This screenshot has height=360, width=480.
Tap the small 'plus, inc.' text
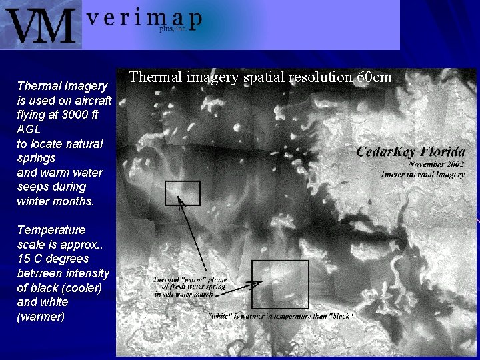coord(171,29)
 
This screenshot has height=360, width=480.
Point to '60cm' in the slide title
coord(374,77)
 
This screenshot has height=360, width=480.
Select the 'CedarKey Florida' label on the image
coord(411,151)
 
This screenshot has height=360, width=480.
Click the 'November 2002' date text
coord(437,164)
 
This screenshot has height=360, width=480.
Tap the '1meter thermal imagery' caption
coord(423,174)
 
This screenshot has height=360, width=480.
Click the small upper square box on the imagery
coord(183,193)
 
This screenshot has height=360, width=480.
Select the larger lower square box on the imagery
coord(280,284)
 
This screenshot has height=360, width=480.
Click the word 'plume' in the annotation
coord(221,279)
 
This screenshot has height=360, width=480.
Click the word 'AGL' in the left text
coord(29,129)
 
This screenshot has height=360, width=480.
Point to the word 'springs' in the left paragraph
coord(36,158)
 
